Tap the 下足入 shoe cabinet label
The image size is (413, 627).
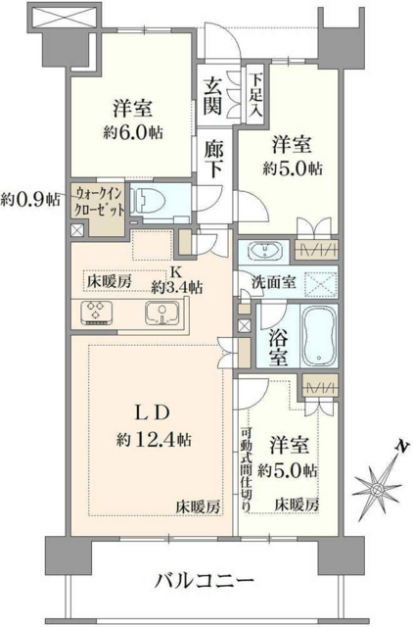[254, 95]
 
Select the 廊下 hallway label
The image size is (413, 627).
[213, 159]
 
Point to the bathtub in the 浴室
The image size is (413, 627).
[319, 335]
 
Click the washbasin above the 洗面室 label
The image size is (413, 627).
[264, 251]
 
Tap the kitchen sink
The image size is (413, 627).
[162, 312]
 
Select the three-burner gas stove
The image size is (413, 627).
[96, 312]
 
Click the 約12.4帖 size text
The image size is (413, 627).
[154, 441]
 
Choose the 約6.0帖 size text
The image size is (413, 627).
[133, 132]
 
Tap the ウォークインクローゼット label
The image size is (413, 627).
[99, 202]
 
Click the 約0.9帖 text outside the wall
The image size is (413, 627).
[30, 198]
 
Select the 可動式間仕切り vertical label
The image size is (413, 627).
[246, 470]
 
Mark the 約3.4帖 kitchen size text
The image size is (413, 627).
[176, 287]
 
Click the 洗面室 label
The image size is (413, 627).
[274, 282]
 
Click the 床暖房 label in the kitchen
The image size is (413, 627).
[109, 282]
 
